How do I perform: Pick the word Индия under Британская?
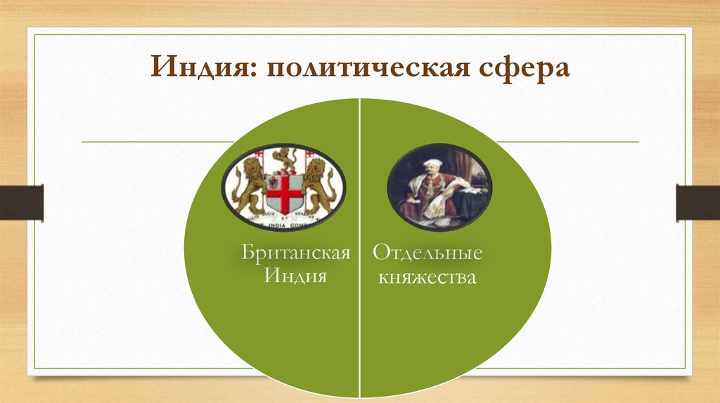[x=296, y=276]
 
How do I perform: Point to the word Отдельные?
[x=427, y=252]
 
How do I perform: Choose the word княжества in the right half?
[x=427, y=277]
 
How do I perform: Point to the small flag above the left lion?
[x=258, y=154]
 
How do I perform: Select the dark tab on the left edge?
[x=21, y=202]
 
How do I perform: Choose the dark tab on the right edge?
[x=697, y=202]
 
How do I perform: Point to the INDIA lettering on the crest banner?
[x=284, y=225]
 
